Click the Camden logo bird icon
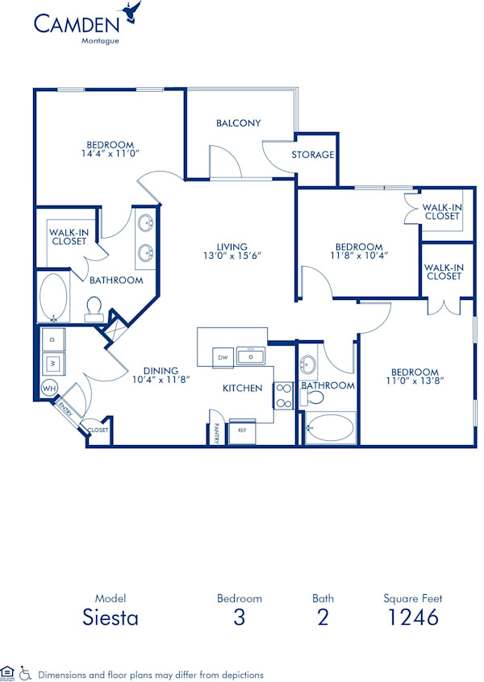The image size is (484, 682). (x=131, y=12)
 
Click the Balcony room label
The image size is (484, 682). (x=238, y=123)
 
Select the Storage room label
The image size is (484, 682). (x=314, y=155)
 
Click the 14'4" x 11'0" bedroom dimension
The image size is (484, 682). (x=110, y=152)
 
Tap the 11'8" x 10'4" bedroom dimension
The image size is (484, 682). (x=359, y=256)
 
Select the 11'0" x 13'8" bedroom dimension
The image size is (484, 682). (x=415, y=380)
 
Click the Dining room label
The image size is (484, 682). (x=162, y=371)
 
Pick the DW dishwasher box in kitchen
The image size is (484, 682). (x=221, y=356)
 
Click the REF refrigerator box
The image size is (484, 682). (x=241, y=430)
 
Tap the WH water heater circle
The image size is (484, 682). (x=48, y=389)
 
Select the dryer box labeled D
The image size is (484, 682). (x=53, y=340)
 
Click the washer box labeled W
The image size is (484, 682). (x=53, y=364)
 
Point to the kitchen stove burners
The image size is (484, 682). (x=284, y=394)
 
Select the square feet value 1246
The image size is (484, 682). (x=412, y=618)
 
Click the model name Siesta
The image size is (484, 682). (x=111, y=618)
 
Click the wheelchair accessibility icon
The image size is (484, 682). (x=25, y=672)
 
